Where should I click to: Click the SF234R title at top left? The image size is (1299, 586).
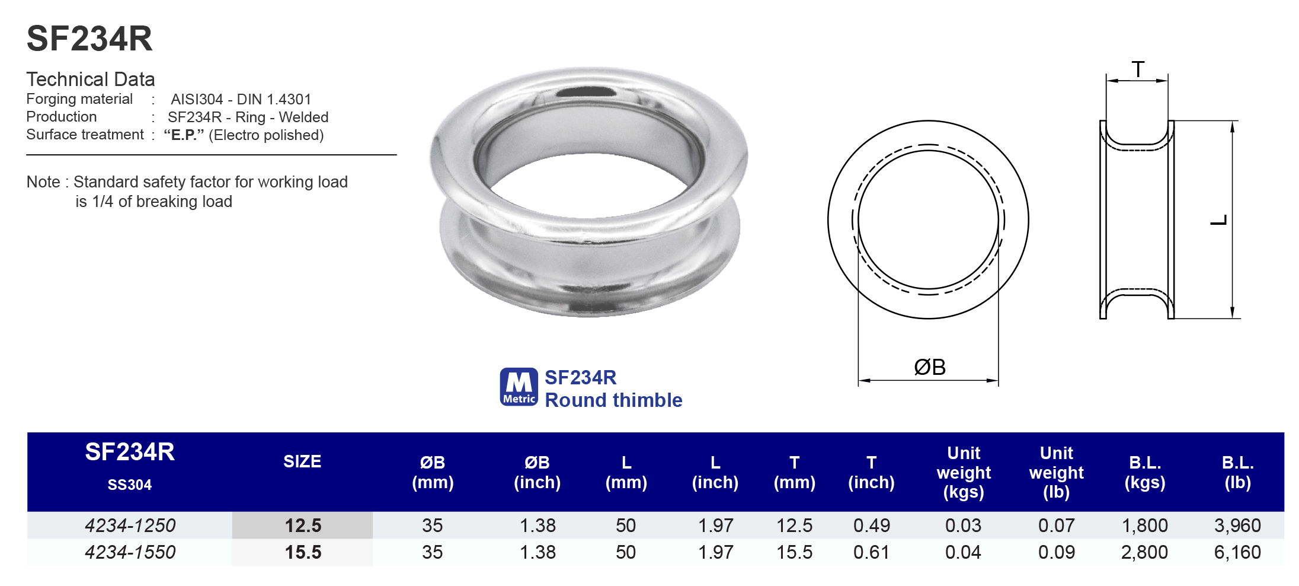[x=89, y=39]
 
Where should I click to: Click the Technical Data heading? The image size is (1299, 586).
[x=90, y=79]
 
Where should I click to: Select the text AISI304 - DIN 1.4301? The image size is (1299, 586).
[x=241, y=99]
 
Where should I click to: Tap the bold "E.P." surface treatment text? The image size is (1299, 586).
[x=184, y=135]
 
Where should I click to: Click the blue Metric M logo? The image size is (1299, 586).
[x=519, y=387]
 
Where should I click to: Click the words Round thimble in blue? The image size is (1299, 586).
[x=613, y=400]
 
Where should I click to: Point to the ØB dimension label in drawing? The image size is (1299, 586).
[x=929, y=367]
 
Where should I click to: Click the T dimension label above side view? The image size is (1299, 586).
[x=1138, y=69]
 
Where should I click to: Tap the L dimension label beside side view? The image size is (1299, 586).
[x=1218, y=221]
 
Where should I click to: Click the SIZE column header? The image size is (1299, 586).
[x=302, y=461]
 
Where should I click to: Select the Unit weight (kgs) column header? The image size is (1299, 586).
[x=964, y=472]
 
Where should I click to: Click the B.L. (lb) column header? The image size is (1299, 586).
[x=1237, y=472]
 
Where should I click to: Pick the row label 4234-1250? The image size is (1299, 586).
[x=130, y=526]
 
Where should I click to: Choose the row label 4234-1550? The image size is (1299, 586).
[x=130, y=552]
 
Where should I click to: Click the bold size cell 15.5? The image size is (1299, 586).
[x=303, y=552]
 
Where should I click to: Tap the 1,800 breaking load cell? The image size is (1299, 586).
[x=1144, y=526]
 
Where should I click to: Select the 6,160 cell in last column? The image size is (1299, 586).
[x=1237, y=552]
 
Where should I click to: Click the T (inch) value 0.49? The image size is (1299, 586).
[x=871, y=526]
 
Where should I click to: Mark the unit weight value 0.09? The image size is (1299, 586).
[x=1056, y=552]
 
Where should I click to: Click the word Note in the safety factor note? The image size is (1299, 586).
[x=43, y=182]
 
